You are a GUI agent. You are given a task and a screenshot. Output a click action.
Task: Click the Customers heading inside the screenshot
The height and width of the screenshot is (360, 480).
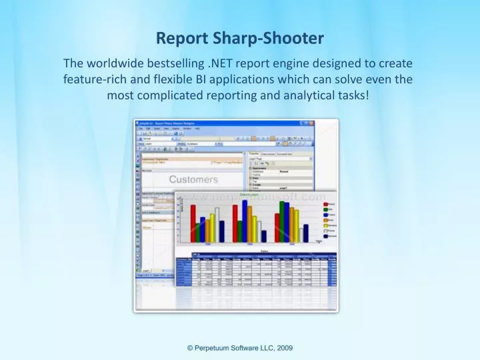click(x=193, y=179)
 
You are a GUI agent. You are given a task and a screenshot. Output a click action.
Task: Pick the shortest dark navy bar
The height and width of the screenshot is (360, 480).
click(x=264, y=237)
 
